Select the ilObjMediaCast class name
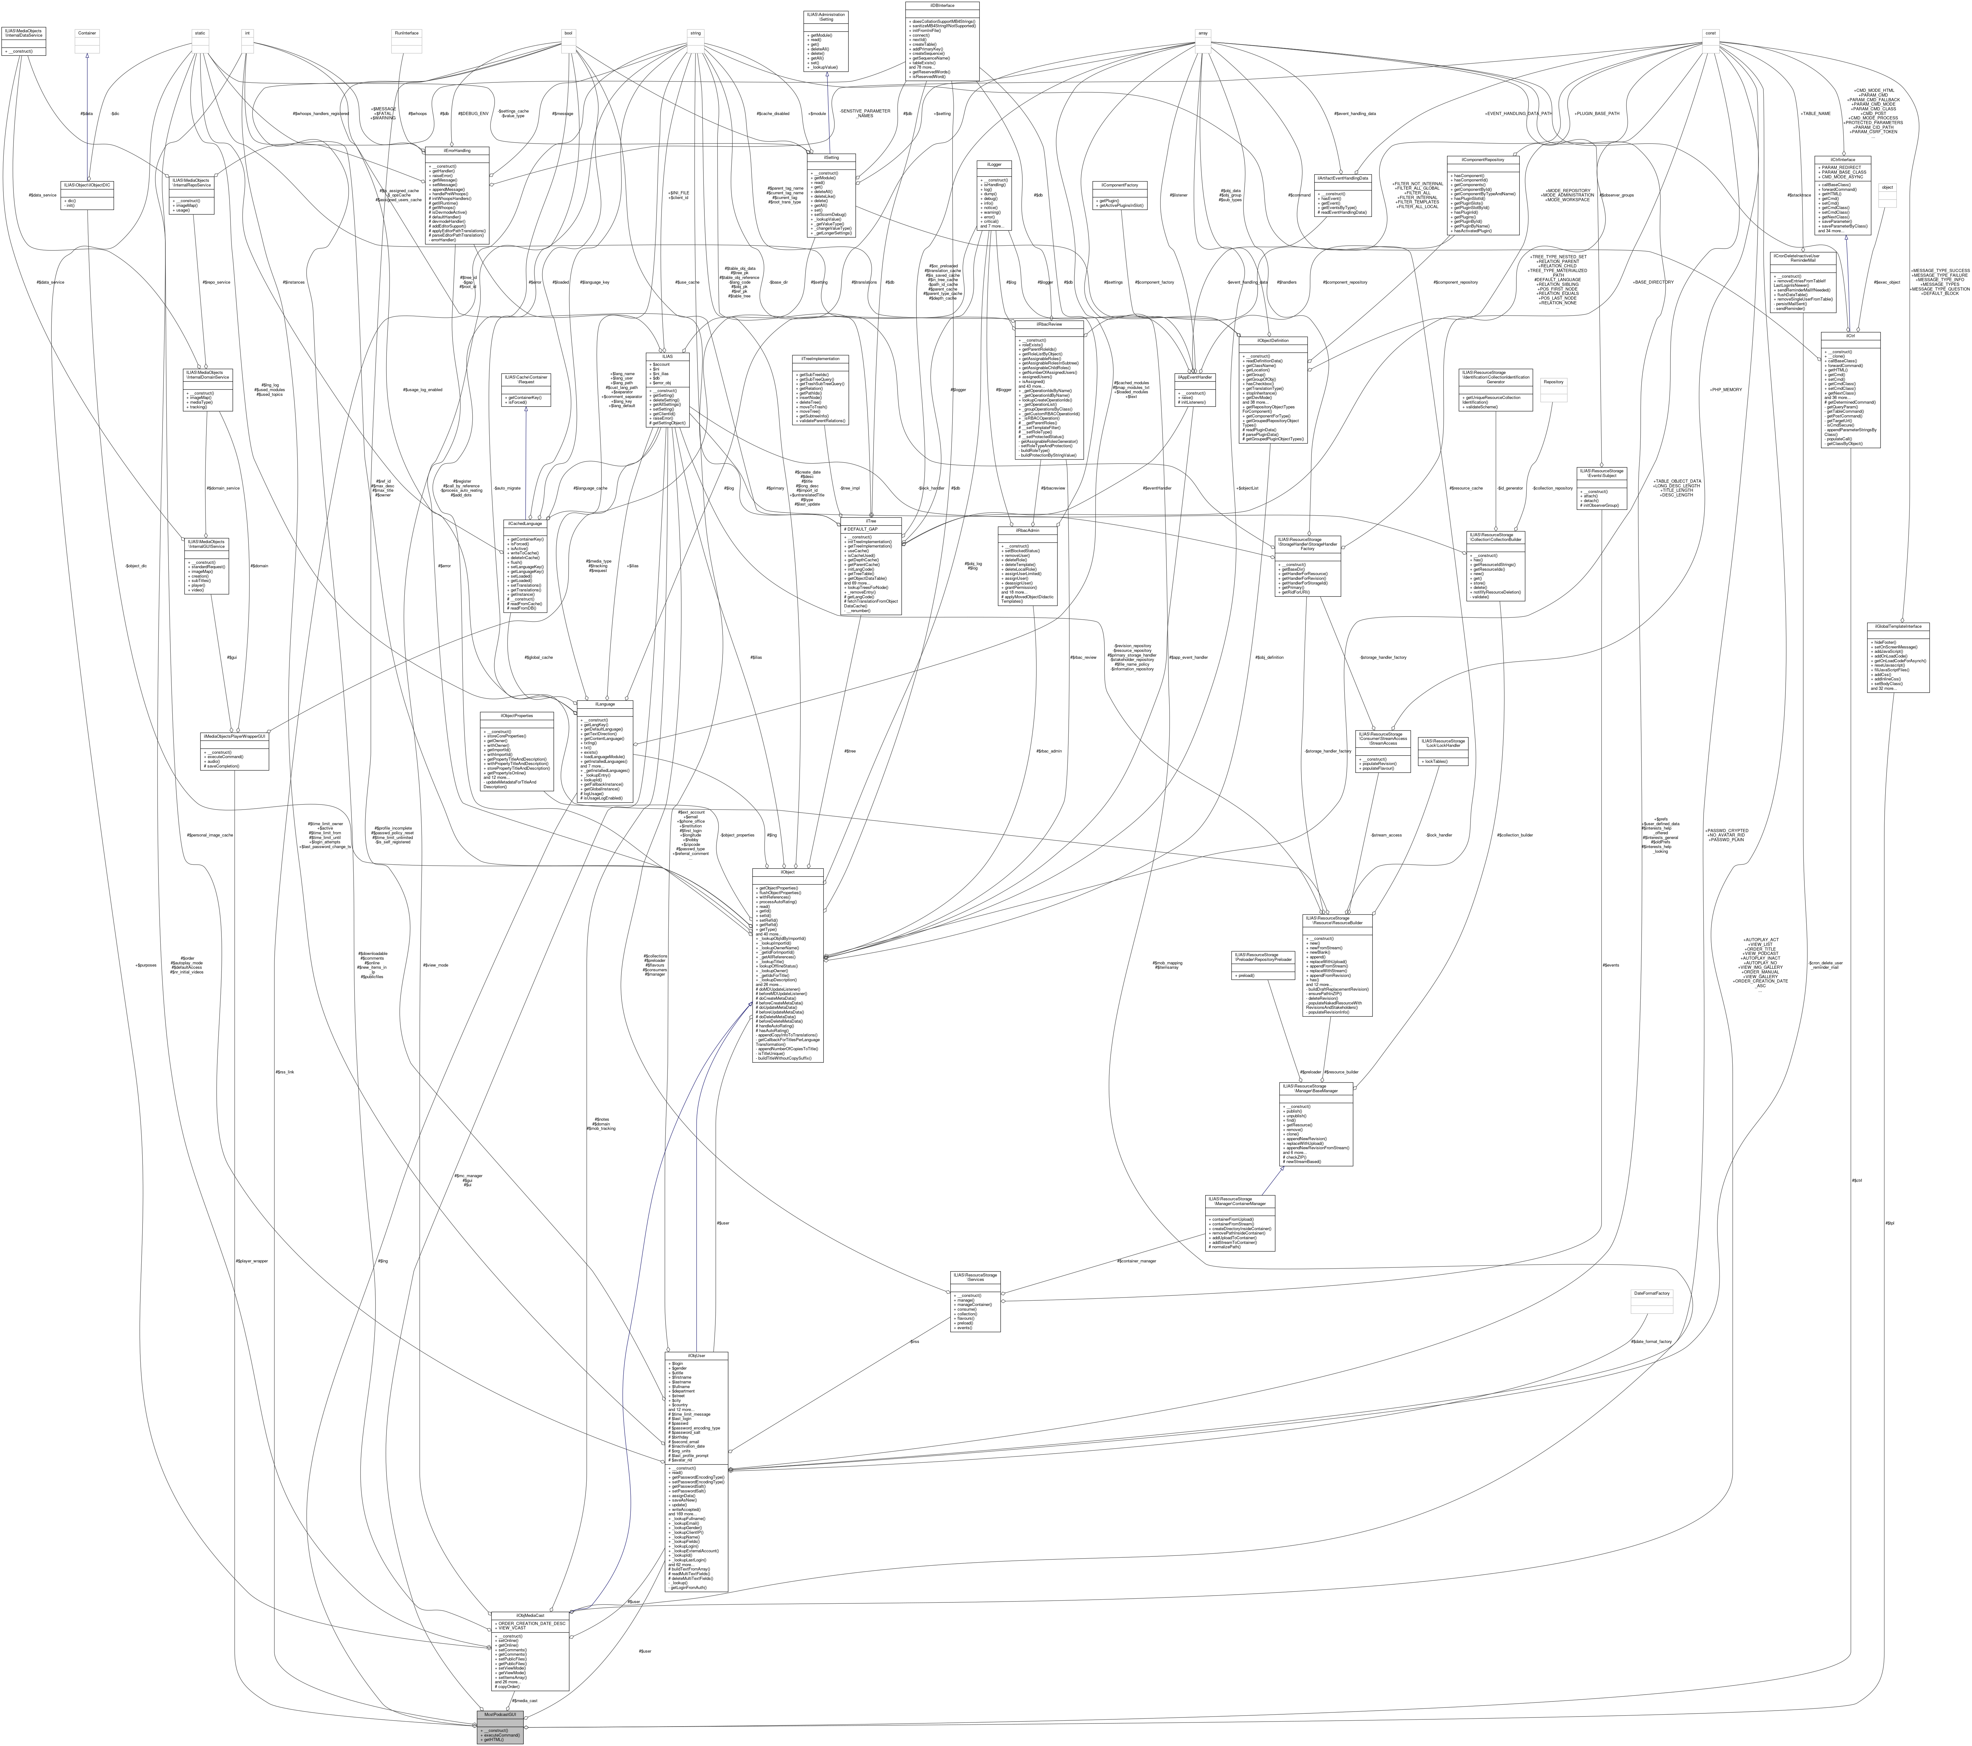530,1616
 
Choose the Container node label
87,33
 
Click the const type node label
1710,33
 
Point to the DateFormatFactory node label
1651,1292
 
